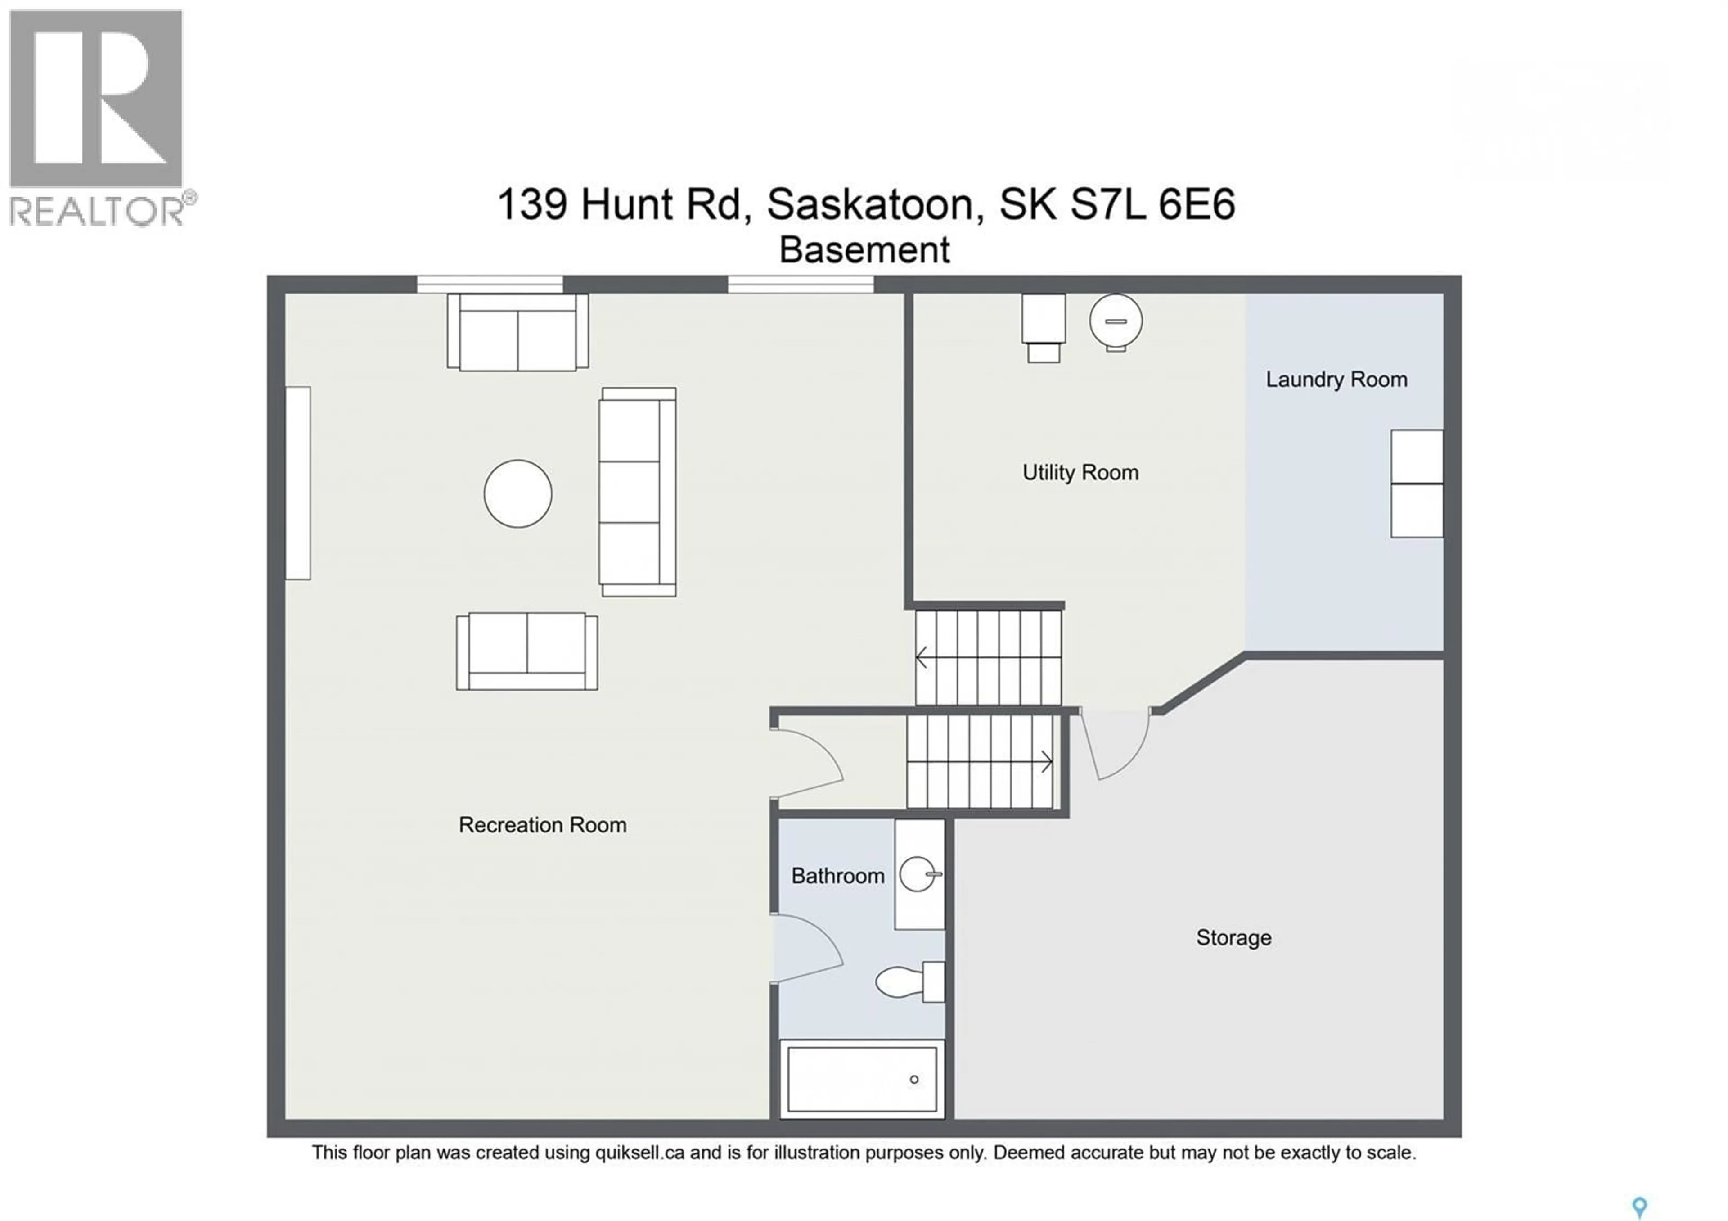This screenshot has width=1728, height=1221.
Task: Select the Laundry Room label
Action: coord(1336,380)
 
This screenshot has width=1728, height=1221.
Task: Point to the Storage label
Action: coord(1233,938)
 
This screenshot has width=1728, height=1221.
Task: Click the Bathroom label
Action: coord(837,876)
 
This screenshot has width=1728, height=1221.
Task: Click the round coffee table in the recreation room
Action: coord(518,494)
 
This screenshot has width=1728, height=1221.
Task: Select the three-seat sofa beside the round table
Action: coord(637,492)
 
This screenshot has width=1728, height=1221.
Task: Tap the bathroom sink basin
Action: coord(918,874)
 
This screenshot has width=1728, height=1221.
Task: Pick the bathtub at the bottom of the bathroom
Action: coord(862,1080)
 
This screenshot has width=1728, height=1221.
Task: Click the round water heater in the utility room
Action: coord(1116,321)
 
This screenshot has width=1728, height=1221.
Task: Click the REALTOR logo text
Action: coord(96,212)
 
